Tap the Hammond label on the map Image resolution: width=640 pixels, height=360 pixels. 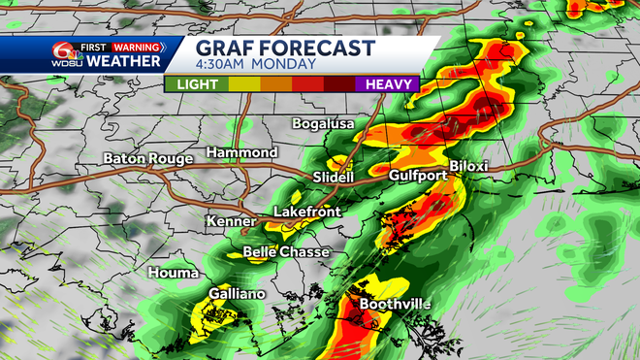(x=241, y=153)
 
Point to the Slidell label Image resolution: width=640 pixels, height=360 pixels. (x=335, y=177)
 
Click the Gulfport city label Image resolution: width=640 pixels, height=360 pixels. (x=416, y=176)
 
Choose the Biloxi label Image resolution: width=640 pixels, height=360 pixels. (x=468, y=167)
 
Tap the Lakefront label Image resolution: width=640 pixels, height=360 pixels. (x=305, y=211)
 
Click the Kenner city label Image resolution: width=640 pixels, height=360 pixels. (x=231, y=222)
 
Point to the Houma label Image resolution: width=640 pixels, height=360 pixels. (x=172, y=274)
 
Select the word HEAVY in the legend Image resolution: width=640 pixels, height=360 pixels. (x=392, y=84)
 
